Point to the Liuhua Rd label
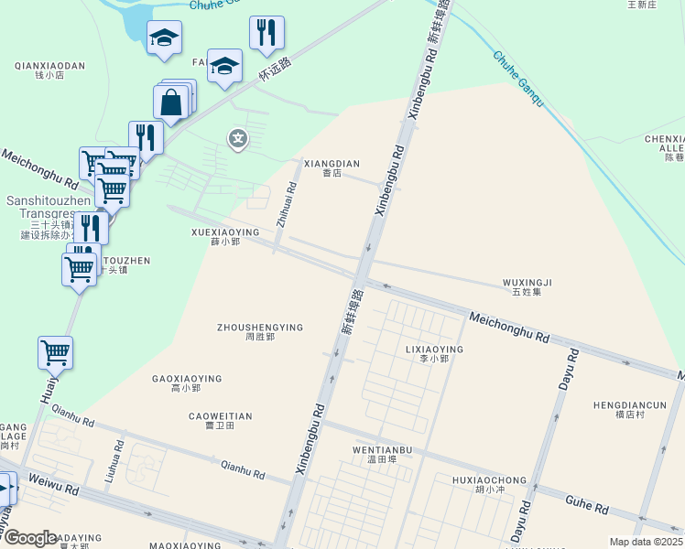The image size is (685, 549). (x=114, y=462)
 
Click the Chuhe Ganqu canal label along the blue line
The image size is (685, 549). (x=518, y=79)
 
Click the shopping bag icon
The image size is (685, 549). (x=171, y=102)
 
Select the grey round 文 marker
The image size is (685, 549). (x=238, y=139)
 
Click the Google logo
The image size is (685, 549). (x=30, y=538)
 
